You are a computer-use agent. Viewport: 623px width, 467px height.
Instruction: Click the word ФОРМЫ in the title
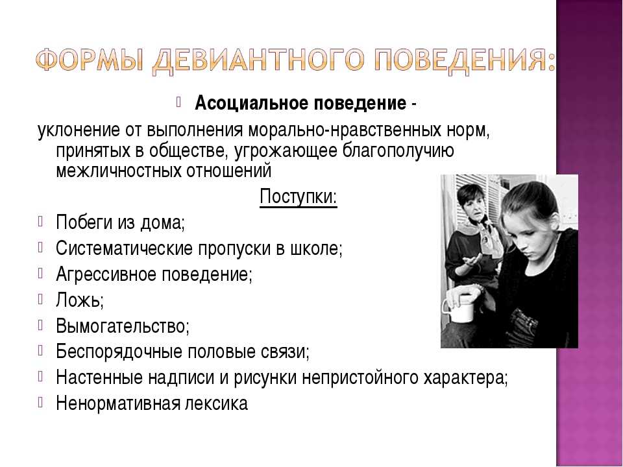(x=90, y=60)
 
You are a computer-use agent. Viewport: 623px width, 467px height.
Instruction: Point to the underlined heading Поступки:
(x=299, y=197)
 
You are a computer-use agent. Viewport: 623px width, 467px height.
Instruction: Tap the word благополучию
(x=398, y=151)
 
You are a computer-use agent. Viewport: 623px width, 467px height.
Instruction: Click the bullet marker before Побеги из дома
(x=40, y=221)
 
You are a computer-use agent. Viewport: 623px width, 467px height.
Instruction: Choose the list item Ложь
(x=80, y=300)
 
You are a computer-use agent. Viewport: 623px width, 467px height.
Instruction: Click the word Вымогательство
(x=123, y=326)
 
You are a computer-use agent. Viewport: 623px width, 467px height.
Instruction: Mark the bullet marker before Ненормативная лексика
(x=40, y=403)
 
